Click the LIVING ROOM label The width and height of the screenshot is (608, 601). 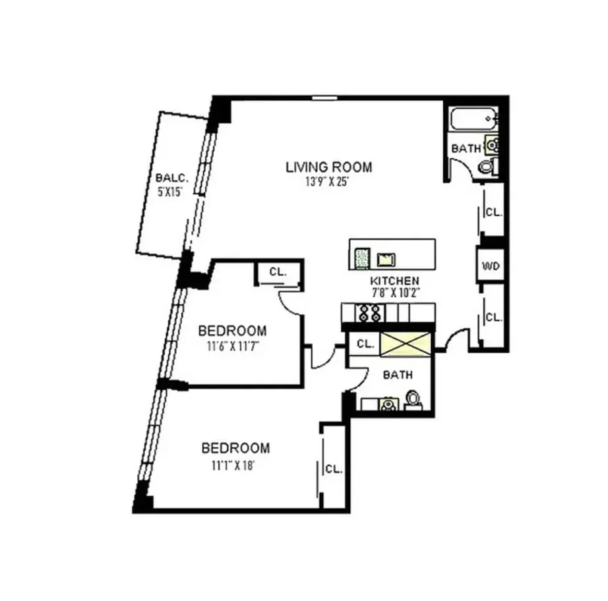(x=328, y=167)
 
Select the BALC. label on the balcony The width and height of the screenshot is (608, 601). (x=172, y=177)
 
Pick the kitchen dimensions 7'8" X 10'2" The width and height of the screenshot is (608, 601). (x=395, y=293)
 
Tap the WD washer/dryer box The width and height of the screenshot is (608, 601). (x=490, y=266)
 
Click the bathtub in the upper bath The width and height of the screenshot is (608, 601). (x=472, y=121)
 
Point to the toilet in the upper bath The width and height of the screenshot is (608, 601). (x=487, y=165)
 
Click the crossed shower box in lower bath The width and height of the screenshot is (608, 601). (x=404, y=343)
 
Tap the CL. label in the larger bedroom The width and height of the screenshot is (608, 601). (x=334, y=469)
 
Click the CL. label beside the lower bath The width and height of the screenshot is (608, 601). (x=365, y=343)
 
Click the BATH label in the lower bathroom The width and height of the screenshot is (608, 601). (x=398, y=375)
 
